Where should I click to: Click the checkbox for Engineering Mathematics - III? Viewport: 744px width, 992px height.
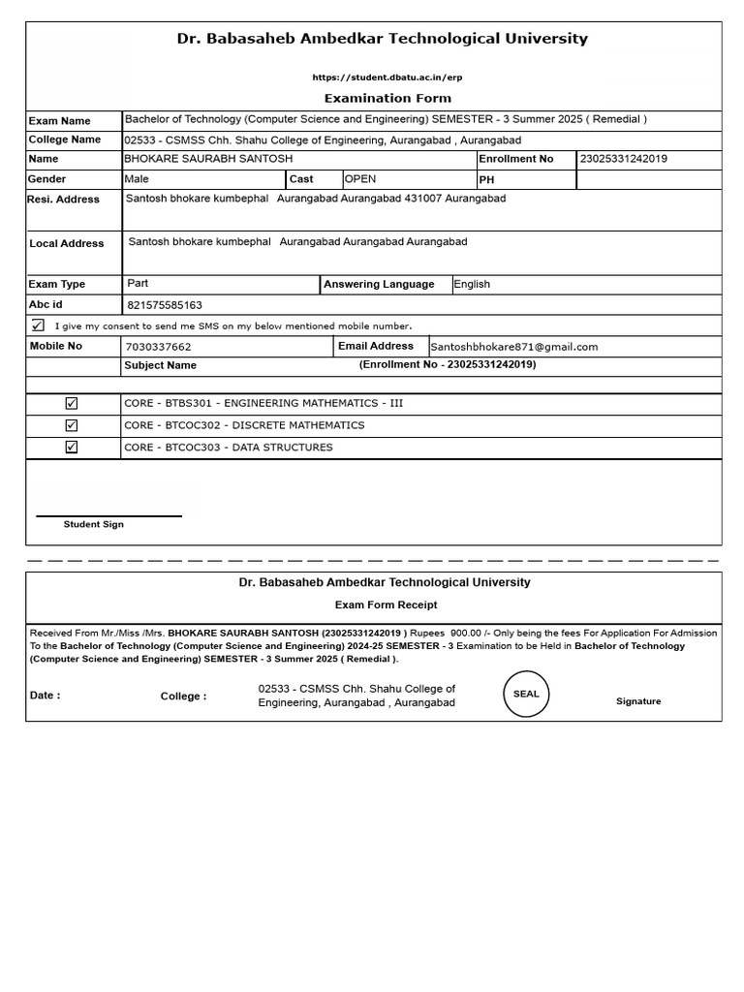72,403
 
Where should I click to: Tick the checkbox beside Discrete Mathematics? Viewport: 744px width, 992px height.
72,425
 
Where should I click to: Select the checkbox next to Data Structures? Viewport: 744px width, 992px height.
72,448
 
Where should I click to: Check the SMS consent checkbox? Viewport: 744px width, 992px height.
38,325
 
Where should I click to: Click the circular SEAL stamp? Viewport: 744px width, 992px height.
526,695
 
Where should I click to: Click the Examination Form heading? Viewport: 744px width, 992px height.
387,98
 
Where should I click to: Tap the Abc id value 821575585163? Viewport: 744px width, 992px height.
165,305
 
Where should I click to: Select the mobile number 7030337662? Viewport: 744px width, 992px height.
159,347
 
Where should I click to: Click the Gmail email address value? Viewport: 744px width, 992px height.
513,347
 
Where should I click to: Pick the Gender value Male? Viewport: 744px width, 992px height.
137,179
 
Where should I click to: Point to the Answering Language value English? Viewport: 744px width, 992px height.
472,285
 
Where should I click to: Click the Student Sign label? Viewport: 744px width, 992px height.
94,524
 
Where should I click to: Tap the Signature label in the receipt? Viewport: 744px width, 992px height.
638,701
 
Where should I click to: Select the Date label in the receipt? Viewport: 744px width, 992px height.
45,696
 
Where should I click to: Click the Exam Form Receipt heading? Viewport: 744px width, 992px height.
386,604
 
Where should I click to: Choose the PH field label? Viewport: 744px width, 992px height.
486,180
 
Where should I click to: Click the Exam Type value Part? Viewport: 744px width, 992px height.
138,284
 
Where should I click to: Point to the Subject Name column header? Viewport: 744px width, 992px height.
160,366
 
